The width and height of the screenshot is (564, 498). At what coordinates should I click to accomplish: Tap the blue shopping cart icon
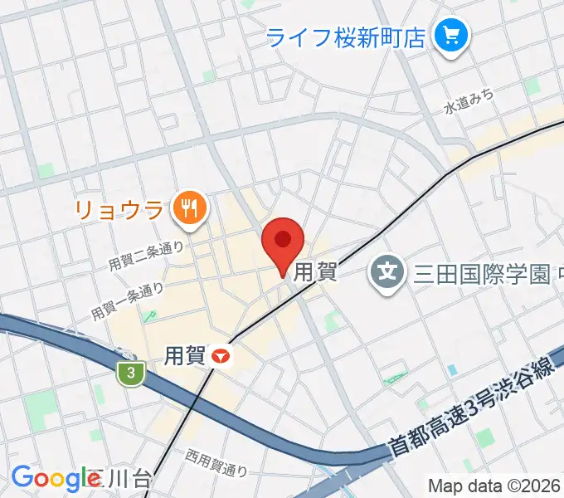(452, 36)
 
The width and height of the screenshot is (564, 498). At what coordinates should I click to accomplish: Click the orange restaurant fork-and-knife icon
(189, 207)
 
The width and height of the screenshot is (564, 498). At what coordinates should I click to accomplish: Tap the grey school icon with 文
(387, 271)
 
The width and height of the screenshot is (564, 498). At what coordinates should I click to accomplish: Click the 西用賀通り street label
(216, 461)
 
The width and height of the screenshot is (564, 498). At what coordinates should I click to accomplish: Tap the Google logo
(54, 478)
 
